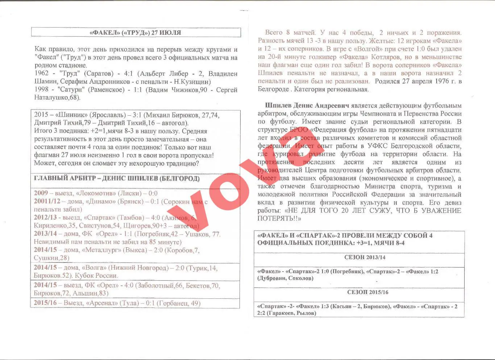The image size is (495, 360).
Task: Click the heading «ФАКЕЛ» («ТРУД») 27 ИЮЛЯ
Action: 135,33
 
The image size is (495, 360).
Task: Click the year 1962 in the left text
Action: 41,74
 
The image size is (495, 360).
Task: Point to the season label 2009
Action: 41,193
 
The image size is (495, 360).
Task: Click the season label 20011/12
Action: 47,201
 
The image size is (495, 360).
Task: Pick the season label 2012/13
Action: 45,218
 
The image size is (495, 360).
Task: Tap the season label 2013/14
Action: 45,234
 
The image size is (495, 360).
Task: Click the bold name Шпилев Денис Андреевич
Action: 307,105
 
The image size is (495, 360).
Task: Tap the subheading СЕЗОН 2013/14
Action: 365,257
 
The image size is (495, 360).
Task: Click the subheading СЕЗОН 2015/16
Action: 367,292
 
